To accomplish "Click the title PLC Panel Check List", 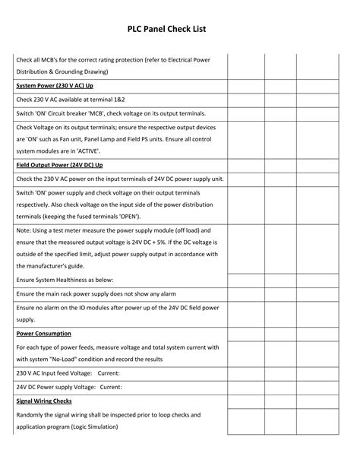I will [180, 29].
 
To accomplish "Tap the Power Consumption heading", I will [44, 333].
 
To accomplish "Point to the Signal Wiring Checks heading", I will [44, 401].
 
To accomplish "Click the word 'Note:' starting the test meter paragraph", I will [24, 230].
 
